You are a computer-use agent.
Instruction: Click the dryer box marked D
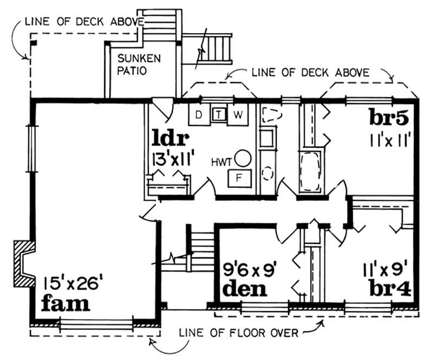pyautogui.click(x=199, y=115)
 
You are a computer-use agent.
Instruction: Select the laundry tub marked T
pyautogui.click(x=219, y=114)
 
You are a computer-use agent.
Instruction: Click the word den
pyautogui.click(x=245, y=288)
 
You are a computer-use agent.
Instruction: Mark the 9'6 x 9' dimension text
pyautogui.click(x=251, y=268)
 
